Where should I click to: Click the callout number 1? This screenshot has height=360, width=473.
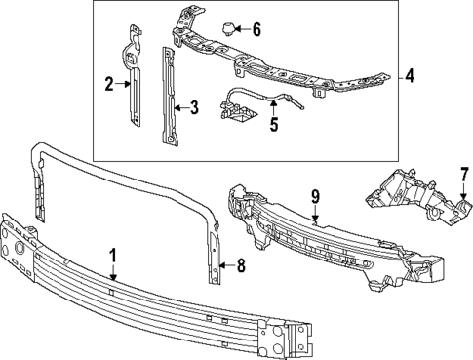click(x=113, y=258)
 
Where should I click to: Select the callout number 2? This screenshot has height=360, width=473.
click(x=110, y=84)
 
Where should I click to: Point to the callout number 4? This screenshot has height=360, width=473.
click(x=410, y=74)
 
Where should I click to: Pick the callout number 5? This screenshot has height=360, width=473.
click(x=273, y=124)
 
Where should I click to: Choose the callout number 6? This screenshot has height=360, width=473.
click(x=256, y=28)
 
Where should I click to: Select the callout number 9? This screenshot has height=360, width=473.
click(x=315, y=198)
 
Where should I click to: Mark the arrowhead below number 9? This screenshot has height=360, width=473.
click(x=315, y=220)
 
